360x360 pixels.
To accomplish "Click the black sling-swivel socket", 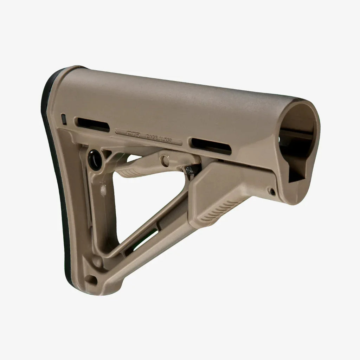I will pos(95,160).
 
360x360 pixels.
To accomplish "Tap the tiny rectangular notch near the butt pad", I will pos(64,119).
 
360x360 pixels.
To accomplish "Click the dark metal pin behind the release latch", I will pos(191,169).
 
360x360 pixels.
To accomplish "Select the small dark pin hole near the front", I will pos(271,191).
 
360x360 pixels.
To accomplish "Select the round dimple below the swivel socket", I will pos(103,190).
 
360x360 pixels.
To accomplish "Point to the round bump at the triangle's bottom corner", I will pos(97,261).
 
